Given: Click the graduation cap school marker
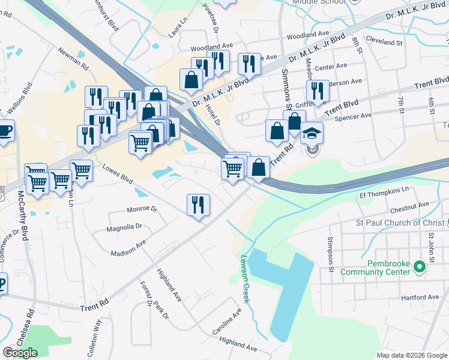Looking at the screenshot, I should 312,133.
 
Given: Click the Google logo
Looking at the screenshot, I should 20,353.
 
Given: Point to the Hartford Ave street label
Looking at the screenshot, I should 421,297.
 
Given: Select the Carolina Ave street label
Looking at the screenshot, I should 226,323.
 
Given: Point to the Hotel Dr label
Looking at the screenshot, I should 214,114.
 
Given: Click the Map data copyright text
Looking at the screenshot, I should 411,355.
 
